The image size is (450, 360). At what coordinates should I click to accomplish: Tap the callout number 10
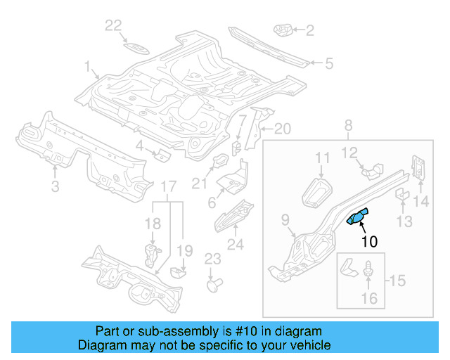pyautogui.click(x=369, y=242)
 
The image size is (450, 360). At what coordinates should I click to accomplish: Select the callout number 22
pyautogui.click(x=114, y=26)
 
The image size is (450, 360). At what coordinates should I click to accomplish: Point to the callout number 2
pyautogui.click(x=309, y=30)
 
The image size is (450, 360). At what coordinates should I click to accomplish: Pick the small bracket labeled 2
pyautogui.click(x=283, y=30)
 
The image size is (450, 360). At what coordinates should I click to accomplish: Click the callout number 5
pyautogui.click(x=328, y=64)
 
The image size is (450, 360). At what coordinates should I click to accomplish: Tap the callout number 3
pyautogui.click(x=55, y=186)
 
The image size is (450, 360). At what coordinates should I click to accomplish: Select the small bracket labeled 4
pyautogui.click(x=161, y=154)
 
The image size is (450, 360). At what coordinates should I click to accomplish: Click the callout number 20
pyautogui.click(x=281, y=129)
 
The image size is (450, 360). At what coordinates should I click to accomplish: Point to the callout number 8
pyautogui.click(x=347, y=126)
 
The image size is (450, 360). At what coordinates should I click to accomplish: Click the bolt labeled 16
pyautogui.click(x=369, y=269)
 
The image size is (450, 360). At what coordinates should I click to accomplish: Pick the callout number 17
pyautogui.click(x=168, y=186)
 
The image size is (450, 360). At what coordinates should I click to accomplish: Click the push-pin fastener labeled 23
pyautogui.click(x=214, y=285)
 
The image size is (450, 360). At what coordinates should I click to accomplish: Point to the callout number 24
pyautogui.click(x=235, y=245)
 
